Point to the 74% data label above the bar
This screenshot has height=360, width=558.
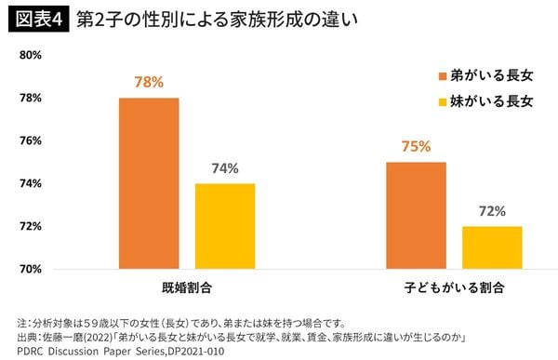point(224,168)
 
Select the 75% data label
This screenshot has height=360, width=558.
point(416,146)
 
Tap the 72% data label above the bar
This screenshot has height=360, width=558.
point(492,211)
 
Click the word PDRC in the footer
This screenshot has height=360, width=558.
point(20,352)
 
